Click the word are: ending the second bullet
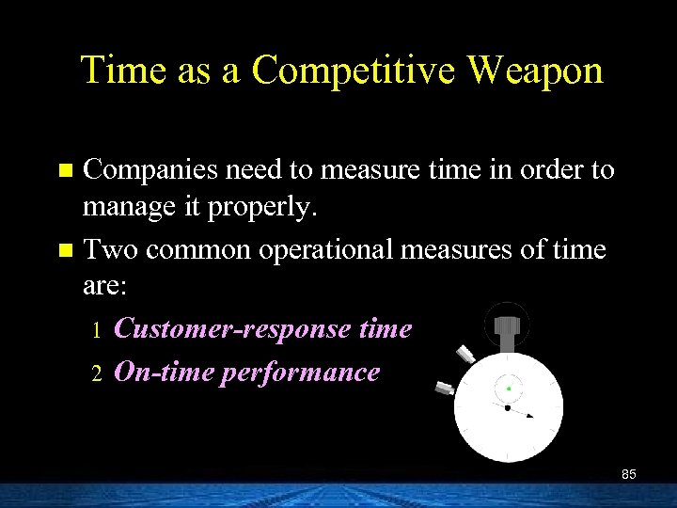105,289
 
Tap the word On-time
164,372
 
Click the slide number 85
628,474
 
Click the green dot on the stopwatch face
509,388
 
